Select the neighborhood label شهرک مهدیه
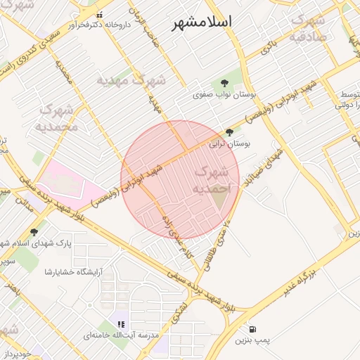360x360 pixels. pos(131,79)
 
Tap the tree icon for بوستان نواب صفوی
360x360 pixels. pos(224,82)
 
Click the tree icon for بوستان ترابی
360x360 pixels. pos(229,132)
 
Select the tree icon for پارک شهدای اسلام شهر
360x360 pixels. pos(34,232)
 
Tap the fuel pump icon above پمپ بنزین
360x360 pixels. pos(252,329)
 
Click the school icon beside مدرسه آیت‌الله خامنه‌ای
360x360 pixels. pos(121,325)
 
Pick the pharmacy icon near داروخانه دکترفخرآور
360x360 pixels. pos(98,14)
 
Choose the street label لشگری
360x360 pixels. pos(181,307)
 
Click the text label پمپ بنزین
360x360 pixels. pos(252,340)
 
